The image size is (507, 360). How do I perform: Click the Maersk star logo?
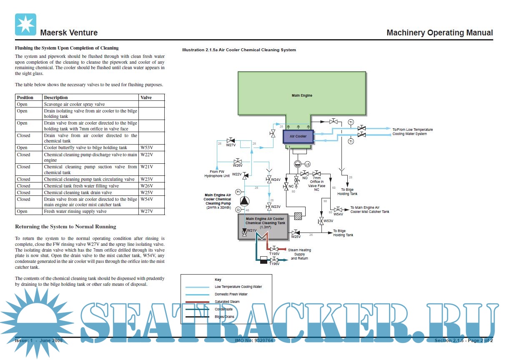point(25,24)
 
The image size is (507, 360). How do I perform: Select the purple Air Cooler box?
point(298,136)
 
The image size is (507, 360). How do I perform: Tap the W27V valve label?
point(231,145)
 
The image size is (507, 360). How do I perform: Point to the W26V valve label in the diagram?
point(238,165)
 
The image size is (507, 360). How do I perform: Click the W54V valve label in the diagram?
point(338,214)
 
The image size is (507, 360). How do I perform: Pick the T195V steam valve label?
point(274,253)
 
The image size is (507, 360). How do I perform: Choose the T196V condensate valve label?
point(274,264)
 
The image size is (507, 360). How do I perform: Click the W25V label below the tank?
point(296,237)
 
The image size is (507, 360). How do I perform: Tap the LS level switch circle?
point(307,164)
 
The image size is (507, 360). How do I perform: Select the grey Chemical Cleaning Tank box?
point(264,226)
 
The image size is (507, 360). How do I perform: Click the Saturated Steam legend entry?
point(227,302)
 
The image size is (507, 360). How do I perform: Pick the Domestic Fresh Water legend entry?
point(231,294)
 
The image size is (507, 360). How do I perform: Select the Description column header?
point(56,97)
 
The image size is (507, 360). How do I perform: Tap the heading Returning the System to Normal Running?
point(65,227)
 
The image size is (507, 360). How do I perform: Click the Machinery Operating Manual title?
point(439,32)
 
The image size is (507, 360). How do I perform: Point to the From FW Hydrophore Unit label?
point(220,174)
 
